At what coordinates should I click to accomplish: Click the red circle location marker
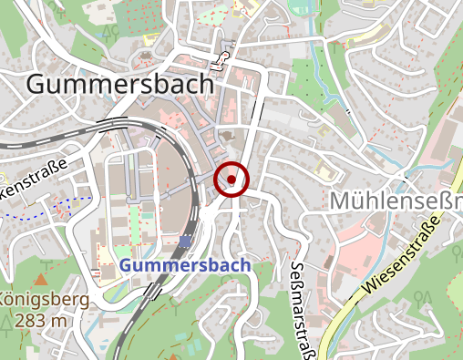click(x=231, y=180)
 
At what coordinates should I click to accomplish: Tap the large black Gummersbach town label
click(x=120, y=84)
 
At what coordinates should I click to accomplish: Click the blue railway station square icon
click(x=186, y=242)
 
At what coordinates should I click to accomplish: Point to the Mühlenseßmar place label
click(x=397, y=200)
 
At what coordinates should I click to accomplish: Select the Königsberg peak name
click(x=44, y=300)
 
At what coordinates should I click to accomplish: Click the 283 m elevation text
click(x=42, y=320)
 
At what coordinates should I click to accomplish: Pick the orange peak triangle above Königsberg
click(x=41, y=279)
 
